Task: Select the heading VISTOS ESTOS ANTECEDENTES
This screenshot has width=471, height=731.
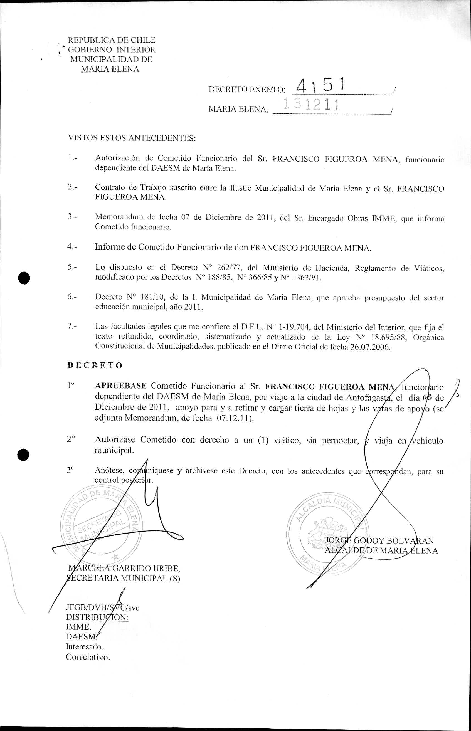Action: click(x=132, y=138)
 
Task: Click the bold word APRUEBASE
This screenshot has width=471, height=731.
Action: click(x=121, y=386)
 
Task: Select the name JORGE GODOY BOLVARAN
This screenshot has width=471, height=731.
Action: click(x=379, y=540)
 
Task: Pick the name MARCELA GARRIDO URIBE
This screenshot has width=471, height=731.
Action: click(x=124, y=568)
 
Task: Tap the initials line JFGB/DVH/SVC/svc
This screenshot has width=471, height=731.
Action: click(x=102, y=607)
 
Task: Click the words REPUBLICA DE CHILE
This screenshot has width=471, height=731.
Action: click(x=111, y=40)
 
